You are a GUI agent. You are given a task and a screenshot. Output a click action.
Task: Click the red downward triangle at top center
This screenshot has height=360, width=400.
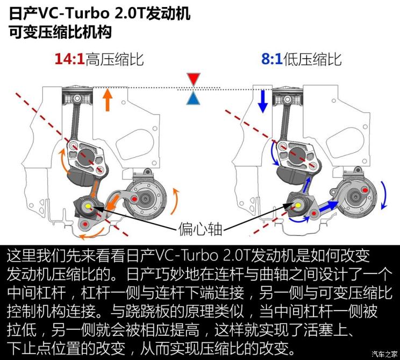pos(193,80)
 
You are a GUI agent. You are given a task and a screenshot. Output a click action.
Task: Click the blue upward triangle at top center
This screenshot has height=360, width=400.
pos(193,98)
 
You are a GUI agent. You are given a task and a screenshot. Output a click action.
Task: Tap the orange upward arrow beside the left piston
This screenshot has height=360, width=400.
pos(108,100)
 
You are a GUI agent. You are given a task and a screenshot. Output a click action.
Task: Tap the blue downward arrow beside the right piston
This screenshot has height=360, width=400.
pos(263,101)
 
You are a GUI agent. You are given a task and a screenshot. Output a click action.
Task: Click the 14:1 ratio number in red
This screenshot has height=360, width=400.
pos(69,59)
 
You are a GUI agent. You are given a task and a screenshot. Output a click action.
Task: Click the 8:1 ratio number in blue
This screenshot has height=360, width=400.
pos(272,59)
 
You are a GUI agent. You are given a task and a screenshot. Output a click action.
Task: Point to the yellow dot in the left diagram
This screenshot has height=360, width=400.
pos(88,207)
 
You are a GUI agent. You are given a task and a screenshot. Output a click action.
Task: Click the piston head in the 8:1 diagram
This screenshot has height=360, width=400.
pos(287,97)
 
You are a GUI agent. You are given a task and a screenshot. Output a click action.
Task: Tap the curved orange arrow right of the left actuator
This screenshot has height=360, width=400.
pos(176,197)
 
